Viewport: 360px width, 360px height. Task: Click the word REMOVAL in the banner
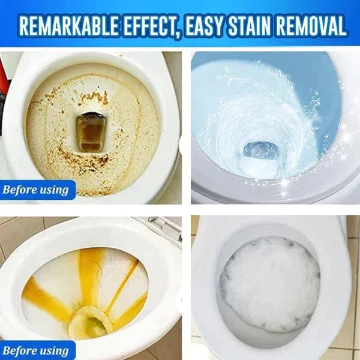[310, 26]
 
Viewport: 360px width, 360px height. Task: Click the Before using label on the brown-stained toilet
[36, 191]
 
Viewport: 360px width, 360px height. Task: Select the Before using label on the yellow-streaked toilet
[36, 350]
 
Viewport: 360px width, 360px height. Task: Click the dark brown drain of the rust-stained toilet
[89, 133]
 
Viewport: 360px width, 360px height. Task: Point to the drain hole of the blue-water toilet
[262, 150]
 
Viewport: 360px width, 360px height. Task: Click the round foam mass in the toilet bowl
[270, 282]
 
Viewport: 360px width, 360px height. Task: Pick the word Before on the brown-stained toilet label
[22, 191]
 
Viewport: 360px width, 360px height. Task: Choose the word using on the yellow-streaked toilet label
[54, 350]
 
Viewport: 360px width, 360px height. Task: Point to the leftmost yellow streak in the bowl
[42, 297]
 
